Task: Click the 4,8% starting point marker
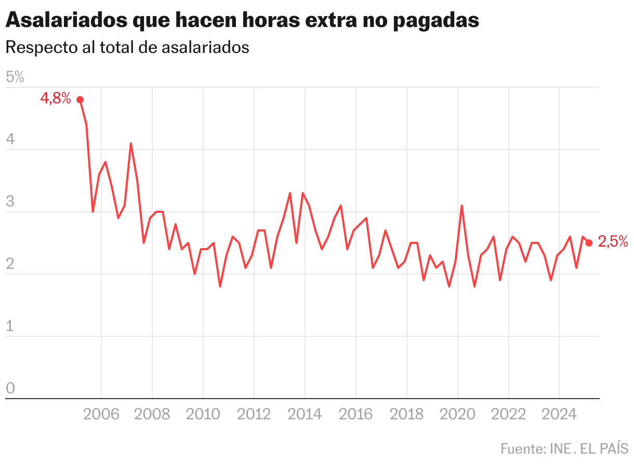point(80,100)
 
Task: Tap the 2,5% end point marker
point(589,243)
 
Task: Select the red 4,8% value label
point(55,98)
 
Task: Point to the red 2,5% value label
point(613,241)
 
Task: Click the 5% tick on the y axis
point(15,77)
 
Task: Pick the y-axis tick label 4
point(10,140)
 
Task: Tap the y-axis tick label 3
point(10,202)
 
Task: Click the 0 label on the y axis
point(10,389)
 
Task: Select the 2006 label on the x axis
point(101,414)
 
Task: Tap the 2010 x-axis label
point(203,414)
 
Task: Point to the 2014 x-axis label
point(305,414)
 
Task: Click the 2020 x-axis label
point(457,414)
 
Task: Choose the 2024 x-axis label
point(559,414)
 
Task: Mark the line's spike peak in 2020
point(461,206)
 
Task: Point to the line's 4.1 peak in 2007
point(130,143)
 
